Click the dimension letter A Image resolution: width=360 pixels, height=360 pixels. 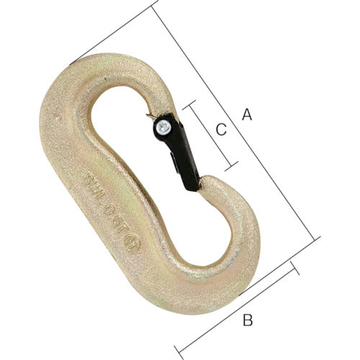pos(247,114)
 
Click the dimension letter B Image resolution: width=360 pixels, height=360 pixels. pos(247,320)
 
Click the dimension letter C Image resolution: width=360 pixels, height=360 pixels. pos(222,130)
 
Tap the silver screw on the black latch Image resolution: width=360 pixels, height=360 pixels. pos(162,127)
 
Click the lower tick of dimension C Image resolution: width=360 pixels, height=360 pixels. pos(232,166)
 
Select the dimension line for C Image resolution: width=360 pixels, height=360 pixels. pos(210,136)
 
